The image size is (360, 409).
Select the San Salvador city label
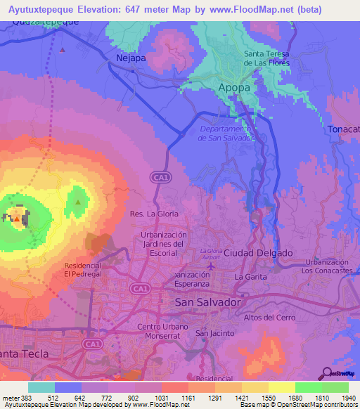pyautogui.click(x=207, y=301)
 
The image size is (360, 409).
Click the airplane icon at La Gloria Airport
pyautogui.click(x=212, y=266)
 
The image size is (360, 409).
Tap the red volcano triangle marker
pyautogui.click(x=16, y=219)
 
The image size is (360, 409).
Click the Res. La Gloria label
pyautogui.click(x=154, y=213)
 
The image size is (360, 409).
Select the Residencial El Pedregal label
pyautogui.click(x=83, y=271)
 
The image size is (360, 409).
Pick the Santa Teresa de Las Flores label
pyautogui.click(x=266, y=58)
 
